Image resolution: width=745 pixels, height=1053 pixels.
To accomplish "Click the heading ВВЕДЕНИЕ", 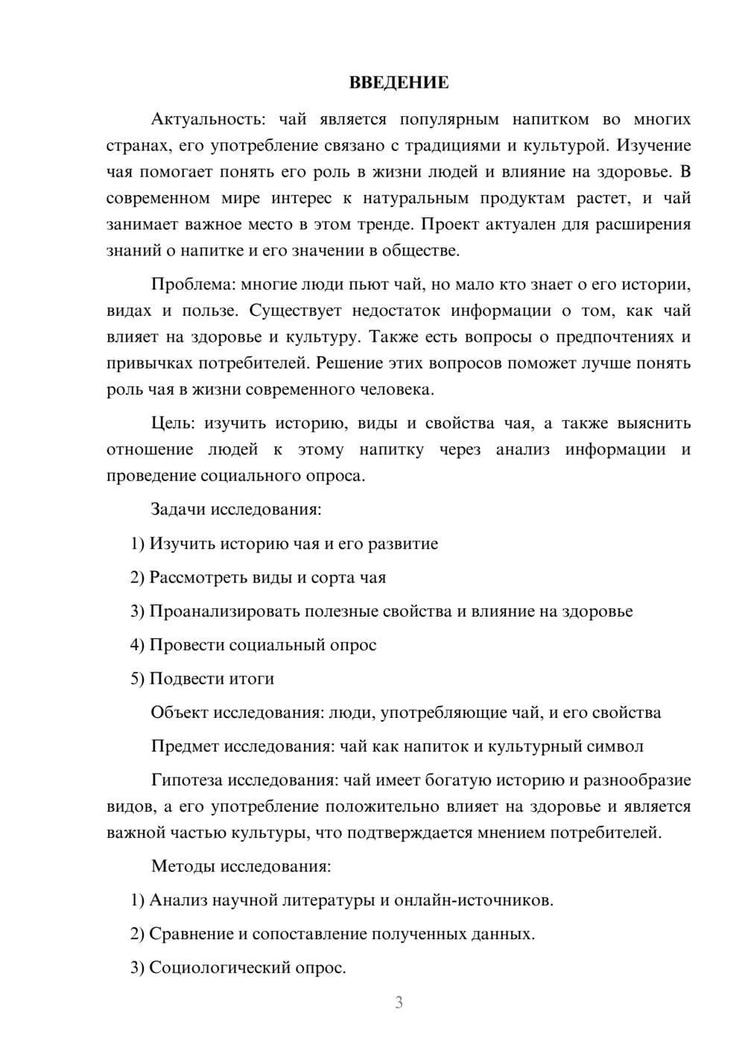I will (x=399, y=83).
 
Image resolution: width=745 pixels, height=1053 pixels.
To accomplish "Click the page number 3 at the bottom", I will (x=399, y=1002).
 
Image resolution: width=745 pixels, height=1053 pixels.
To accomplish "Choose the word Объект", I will (x=180, y=713).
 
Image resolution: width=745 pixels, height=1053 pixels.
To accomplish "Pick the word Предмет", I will (x=185, y=746).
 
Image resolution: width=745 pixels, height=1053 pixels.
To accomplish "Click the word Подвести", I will (x=183, y=679).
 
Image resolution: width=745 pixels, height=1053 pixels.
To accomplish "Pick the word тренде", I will (x=384, y=224).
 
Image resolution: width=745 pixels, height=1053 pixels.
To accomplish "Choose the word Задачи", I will (x=179, y=510).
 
